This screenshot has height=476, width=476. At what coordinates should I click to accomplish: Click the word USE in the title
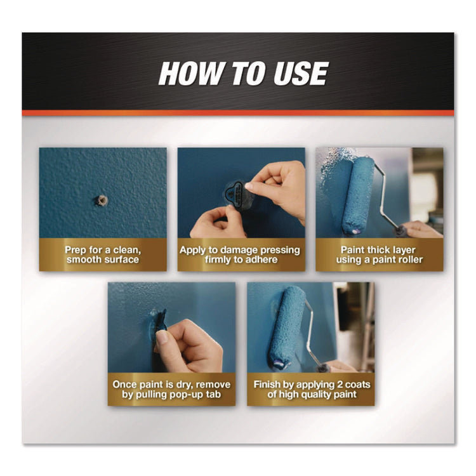tap(301, 73)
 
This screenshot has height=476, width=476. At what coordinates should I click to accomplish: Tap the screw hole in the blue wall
tap(102, 201)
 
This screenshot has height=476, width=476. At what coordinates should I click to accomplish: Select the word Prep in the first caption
tap(75, 250)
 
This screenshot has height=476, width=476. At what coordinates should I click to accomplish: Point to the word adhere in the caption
tap(262, 260)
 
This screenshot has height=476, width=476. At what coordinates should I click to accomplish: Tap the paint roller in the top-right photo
tap(357, 194)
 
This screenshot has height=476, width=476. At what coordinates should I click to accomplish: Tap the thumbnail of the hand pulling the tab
tap(172, 327)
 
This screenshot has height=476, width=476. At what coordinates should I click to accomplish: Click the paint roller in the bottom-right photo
tap(286, 326)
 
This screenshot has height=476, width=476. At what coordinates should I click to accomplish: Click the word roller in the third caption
tap(411, 260)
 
